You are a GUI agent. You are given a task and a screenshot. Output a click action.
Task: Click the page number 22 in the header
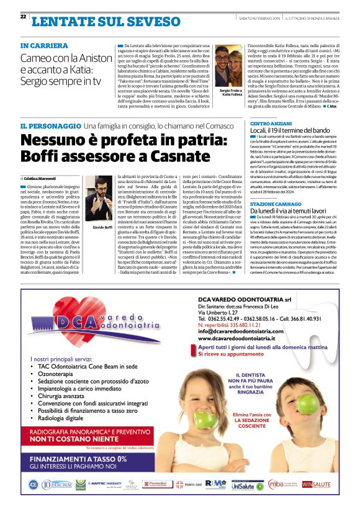pos(23,17)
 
